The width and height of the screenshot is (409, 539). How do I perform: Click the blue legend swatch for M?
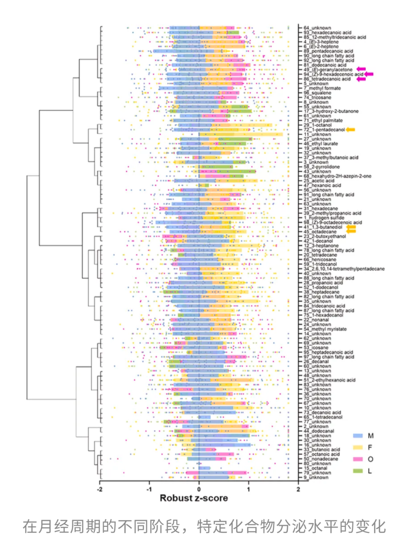358,436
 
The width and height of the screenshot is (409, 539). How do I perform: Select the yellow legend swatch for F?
358,447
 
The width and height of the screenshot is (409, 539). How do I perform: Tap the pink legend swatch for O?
358,459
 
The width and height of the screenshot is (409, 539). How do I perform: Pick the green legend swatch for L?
358,471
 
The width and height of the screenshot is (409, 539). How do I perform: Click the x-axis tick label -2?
100,489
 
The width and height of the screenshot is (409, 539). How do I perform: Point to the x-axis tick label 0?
199,489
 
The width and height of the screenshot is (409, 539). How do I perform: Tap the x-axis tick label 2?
298,489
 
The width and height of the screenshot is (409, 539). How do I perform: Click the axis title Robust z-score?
194,498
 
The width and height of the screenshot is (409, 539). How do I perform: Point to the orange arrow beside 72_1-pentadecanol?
350,130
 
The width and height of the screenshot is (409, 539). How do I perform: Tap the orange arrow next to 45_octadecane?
351,231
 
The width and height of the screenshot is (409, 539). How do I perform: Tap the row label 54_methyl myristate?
325,329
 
